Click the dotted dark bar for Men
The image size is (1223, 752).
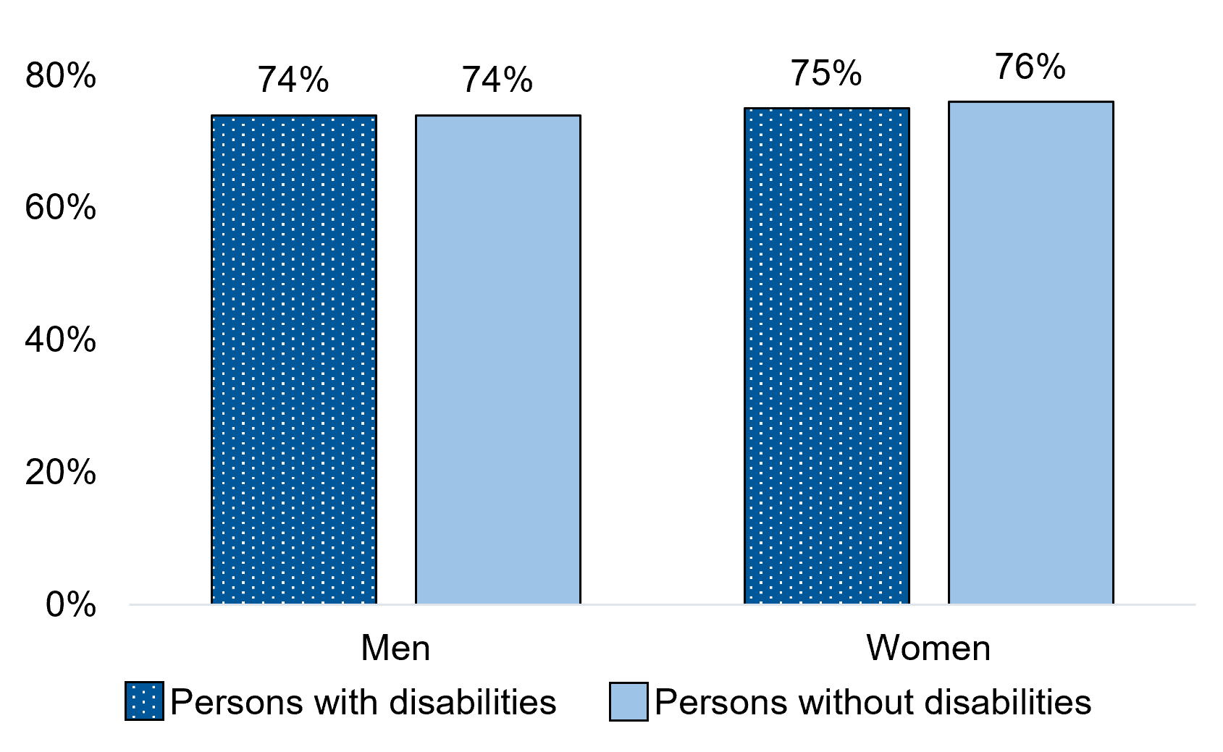click(x=294, y=359)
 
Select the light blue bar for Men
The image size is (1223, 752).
click(x=497, y=359)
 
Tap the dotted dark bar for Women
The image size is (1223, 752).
click(x=827, y=355)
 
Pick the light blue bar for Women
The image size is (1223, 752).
click(x=1031, y=352)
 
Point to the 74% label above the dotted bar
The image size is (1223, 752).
click(x=293, y=80)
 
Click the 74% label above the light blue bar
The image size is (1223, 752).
click(x=497, y=80)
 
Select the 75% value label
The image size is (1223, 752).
click(x=826, y=73)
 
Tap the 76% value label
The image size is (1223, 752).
click(x=1030, y=67)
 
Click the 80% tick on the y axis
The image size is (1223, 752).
click(x=60, y=75)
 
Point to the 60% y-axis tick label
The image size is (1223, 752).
click(x=60, y=208)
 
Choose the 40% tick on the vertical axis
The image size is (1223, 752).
click(x=60, y=340)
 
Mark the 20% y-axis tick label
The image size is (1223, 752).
click(x=60, y=473)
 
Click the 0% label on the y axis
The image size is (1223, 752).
click(x=70, y=605)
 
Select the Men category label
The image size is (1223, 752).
click(x=395, y=648)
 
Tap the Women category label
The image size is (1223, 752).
click(x=928, y=648)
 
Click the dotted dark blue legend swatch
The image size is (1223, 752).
click(x=144, y=701)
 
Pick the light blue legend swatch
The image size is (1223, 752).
click(x=629, y=701)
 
